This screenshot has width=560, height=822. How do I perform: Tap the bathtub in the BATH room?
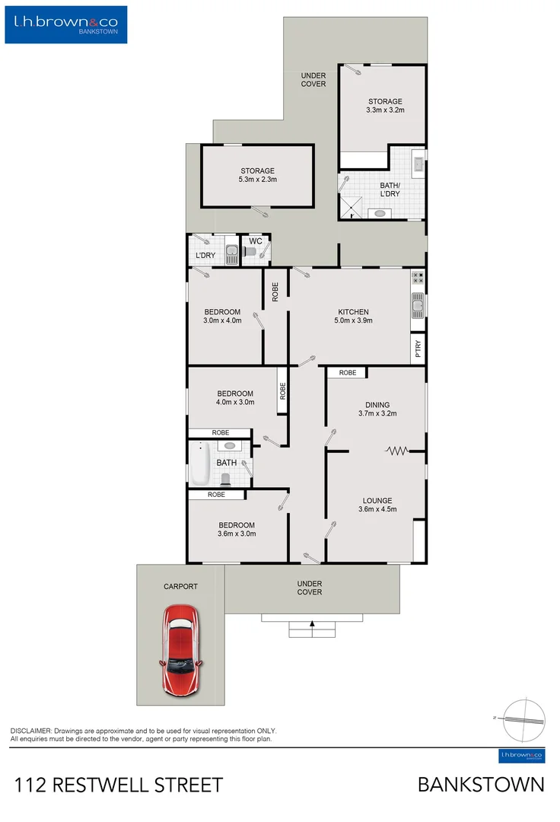[x=199, y=464]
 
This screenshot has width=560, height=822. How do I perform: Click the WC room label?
[x=256, y=241]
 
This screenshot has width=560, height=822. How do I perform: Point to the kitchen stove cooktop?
[x=418, y=279]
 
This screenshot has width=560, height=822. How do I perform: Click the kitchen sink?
[x=418, y=307]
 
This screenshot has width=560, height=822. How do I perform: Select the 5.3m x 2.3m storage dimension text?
[x=257, y=180]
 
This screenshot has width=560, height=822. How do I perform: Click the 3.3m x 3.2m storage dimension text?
[x=384, y=110]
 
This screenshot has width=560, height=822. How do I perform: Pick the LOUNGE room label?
[x=377, y=500]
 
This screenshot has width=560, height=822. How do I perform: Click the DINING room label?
[x=377, y=405]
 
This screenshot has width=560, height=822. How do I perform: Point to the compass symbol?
[x=524, y=718]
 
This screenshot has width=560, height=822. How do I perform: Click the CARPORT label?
[x=180, y=587]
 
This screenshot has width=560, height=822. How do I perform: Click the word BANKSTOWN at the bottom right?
[x=481, y=785]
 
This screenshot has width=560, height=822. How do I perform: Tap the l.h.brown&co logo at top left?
[x=66, y=24]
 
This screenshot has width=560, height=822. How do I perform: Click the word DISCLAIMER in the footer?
[x=30, y=730]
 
